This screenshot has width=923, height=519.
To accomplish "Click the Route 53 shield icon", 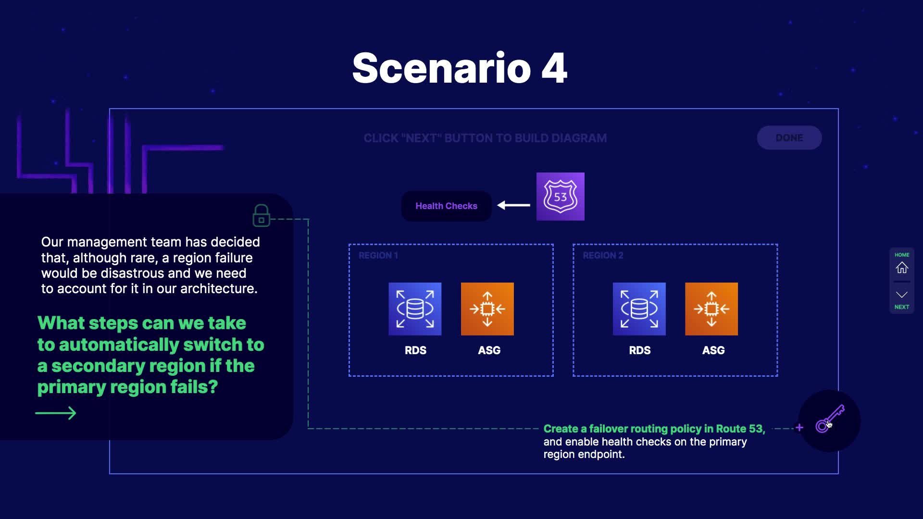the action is pyautogui.click(x=561, y=197).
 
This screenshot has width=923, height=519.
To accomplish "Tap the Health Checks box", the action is pyautogui.click(x=446, y=206).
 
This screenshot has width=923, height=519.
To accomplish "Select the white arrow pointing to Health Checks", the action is pyautogui.click(x=513, y=205).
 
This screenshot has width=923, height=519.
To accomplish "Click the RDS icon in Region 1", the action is pyautogui.click(x=415, y=309).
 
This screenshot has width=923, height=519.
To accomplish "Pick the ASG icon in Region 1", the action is pyautogui.click(x=487, y=309).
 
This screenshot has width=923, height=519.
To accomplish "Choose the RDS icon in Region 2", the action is pyautogui.click(x=639, y=309).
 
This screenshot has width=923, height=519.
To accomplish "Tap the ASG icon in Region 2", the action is pyautogui.click(x=711, y=309).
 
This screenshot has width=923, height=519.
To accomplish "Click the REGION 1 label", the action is pyautogui.click(x=378, y=256).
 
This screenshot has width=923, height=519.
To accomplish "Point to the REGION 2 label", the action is pyautogui.click(x=603, y=256).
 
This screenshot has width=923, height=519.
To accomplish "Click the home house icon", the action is pyautogui.click(x=902, y=267).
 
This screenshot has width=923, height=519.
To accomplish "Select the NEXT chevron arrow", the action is pyautogui.click(x=902, y=295).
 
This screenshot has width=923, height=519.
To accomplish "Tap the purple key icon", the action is pyautogui.click(x=830, y=419).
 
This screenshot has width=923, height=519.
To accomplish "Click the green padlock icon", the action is pyautogui.click(x=262, y=215).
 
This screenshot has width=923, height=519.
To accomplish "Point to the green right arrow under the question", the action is pyautogui.click(x=56, y=413).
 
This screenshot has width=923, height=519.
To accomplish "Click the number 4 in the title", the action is pyautogui.click(x=554, y=68).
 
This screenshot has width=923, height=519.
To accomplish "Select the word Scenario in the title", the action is pyautogui.click(x=441, y=68).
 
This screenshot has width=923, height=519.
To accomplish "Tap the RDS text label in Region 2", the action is pyautogui.click(x=640, y=350).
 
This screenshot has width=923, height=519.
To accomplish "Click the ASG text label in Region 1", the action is pyautogui.click(x=489, y=350).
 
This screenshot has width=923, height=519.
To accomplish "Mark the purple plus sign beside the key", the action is pyautogui.click(x=799, y=428).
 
